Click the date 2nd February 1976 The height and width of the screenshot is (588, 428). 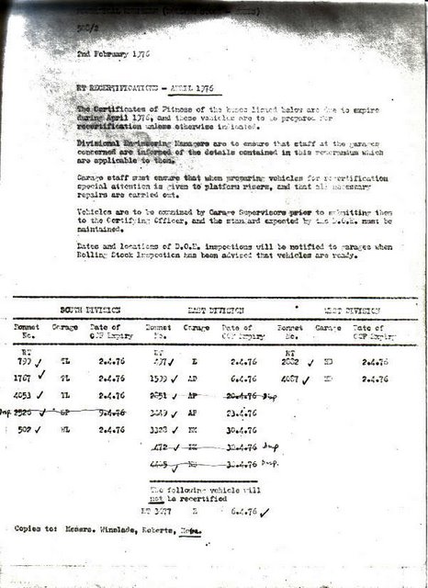tap(113, 54)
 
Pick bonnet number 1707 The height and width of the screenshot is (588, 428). tap(22, 377)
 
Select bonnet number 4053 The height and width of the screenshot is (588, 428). tap(22, 395)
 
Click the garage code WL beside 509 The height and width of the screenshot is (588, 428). tap(65, 428)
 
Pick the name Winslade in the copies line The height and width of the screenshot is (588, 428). tap(122, 530)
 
